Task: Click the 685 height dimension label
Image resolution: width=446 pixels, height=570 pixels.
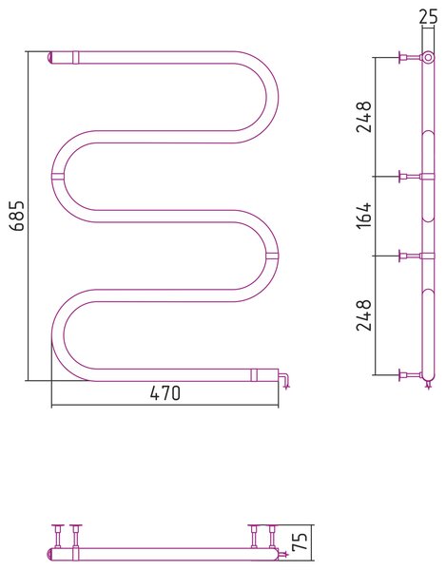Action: (x=17, y=216)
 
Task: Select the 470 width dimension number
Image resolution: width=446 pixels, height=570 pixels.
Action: (x=165, y=393)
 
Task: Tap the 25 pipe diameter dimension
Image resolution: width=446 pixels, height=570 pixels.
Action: (x=428, y=17)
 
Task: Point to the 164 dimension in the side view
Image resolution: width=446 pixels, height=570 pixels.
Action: (x=364, y=216)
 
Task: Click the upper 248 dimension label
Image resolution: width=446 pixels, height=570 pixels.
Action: (x=364, y=117)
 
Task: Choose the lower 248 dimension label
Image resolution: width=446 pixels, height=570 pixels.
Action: (x=364, y=315)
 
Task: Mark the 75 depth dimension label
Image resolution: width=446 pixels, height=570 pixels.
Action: (x=301, y=541)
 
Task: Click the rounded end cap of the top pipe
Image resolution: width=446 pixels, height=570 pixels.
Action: (x=50, y=58)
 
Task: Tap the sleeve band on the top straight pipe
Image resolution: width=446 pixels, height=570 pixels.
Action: (x=75, y=57)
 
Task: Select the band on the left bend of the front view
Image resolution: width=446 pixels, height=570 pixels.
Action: (x=58, y=177)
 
